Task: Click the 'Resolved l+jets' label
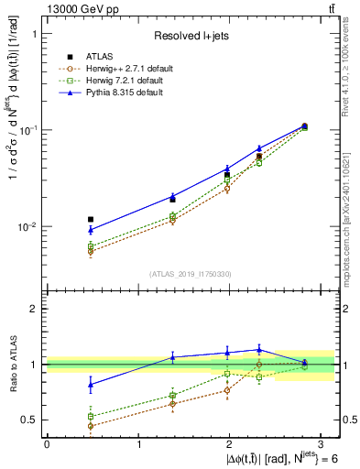191,37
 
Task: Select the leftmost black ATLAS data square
90,220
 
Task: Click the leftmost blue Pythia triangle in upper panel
90,230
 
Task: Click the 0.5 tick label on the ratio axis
32,420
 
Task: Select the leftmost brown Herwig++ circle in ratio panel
90,426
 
